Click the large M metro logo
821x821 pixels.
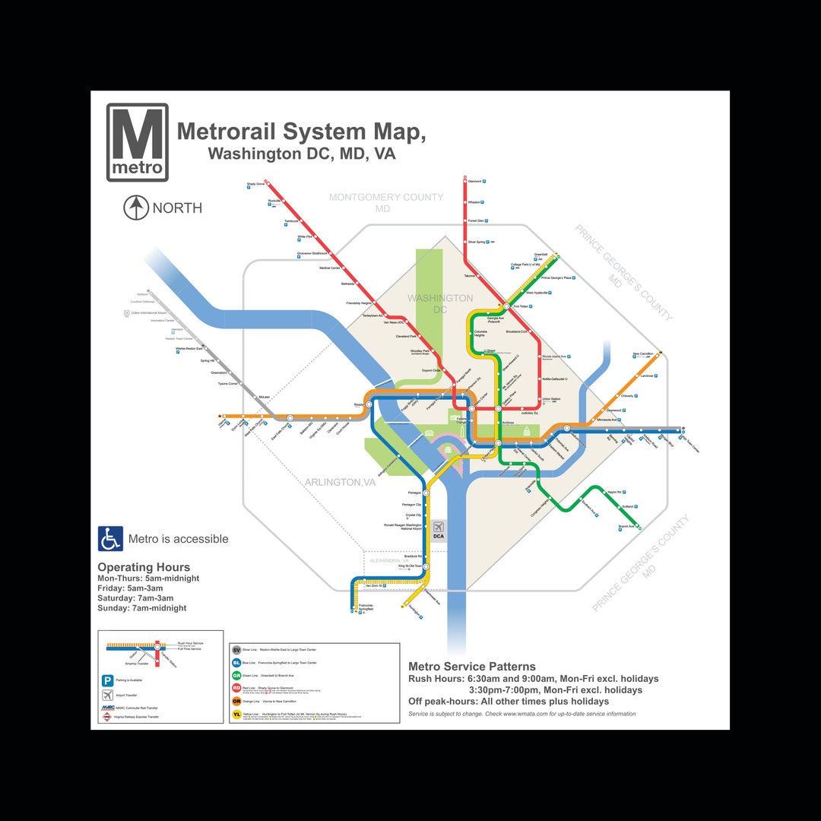click(x=138, y=142)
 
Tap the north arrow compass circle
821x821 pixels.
click(x=136, y=208)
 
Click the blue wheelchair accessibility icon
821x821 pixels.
click(x=110, y=539)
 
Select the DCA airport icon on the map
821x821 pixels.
click(x=439, y=530)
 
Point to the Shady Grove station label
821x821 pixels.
click(x=255, y=184)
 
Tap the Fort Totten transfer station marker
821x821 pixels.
click(x=506, y=306)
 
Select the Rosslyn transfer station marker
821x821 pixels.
click(x=369, y=404)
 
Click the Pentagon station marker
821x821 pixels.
click(x=426, y=493)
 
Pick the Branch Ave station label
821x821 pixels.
click(x=626, y=526)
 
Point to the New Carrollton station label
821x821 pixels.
click(x=642, y=354)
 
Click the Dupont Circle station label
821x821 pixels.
click(x=431, y=370)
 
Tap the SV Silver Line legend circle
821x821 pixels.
click(x=236, y=650)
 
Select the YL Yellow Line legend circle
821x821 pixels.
click(x=236, y=714)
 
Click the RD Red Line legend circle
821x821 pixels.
click(x=236, y=688)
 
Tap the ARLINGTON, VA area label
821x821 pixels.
click(x=341, y=482)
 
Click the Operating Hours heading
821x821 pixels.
click(x=144, y=567)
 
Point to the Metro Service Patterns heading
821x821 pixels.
click(x=472, y=667)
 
